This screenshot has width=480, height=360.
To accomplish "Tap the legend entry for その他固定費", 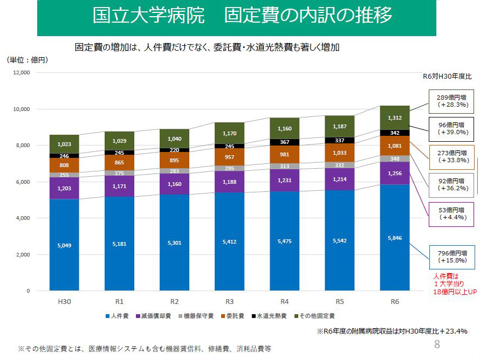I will [316, 316].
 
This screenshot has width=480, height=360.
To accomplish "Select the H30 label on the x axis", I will [64, 301].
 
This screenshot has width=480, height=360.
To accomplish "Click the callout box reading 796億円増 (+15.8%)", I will [452, 256].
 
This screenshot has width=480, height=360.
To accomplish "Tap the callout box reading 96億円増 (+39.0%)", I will [452, 128].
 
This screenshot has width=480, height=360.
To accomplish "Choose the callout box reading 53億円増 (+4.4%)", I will [452, 213].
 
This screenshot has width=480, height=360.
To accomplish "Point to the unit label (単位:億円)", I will [27, 60].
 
